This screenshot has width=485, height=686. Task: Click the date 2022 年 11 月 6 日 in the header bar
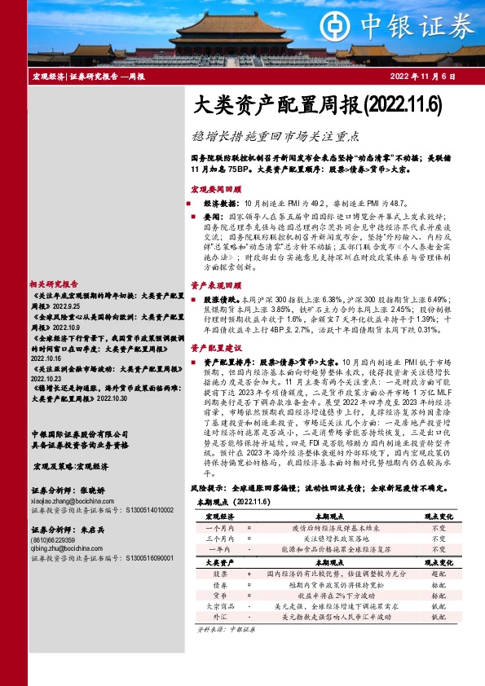[x=423, y=76]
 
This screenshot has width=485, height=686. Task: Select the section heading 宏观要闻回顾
[x=214, y=187]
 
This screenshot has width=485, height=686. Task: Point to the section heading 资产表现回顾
[x=214, y=286]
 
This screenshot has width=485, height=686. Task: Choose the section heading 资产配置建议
[x=214, y=348]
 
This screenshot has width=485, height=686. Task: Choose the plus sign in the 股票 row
[x=249, y=574]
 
